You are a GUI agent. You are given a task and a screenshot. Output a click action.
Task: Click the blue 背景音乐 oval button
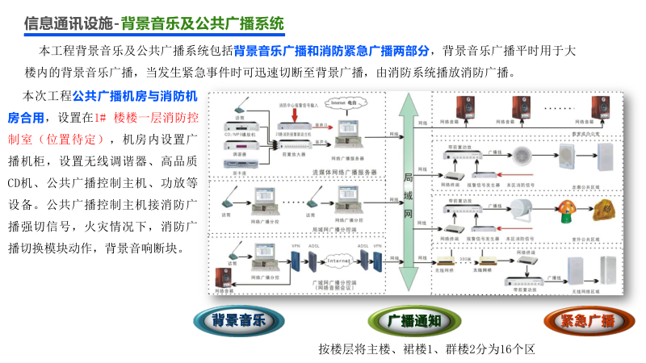click(238, 321)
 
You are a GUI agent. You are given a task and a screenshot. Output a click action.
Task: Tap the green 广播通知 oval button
click(413, 321)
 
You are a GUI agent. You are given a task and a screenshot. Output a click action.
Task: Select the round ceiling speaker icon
click(522, 155)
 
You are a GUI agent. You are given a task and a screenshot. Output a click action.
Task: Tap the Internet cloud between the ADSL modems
click(338, 261)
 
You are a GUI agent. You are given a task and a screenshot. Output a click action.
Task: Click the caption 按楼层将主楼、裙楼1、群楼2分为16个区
click(427, 349)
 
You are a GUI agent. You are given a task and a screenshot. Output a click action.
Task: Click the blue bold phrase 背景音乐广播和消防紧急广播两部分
click(333, 49)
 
